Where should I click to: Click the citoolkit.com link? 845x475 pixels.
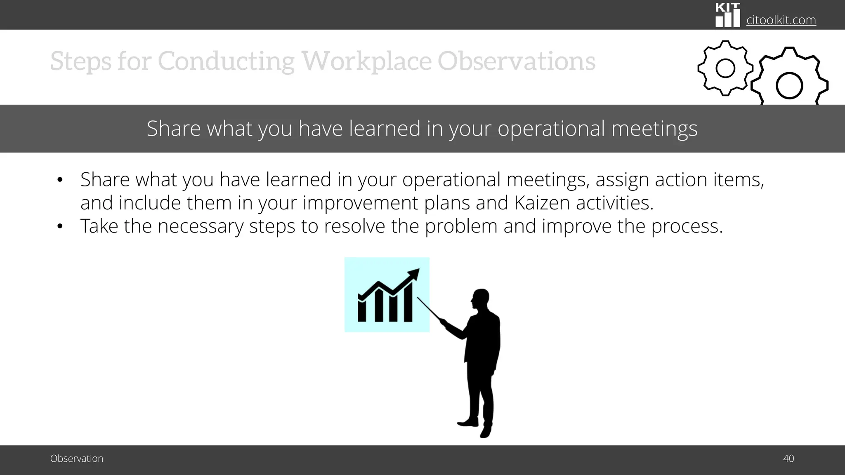[781, 20]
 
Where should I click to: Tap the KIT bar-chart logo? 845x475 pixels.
[727, 15]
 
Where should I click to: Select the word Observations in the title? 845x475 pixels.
[516, 61]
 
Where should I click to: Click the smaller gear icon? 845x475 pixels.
[725, 68]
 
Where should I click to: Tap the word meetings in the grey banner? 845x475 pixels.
[654, 128]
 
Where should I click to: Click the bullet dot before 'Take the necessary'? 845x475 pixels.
[60, 226]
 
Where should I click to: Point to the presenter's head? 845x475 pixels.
[481, 299]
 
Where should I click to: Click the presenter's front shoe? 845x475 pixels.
[468, 422]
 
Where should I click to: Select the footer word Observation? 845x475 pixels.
[77, 459]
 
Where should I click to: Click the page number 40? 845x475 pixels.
[788, 459]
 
